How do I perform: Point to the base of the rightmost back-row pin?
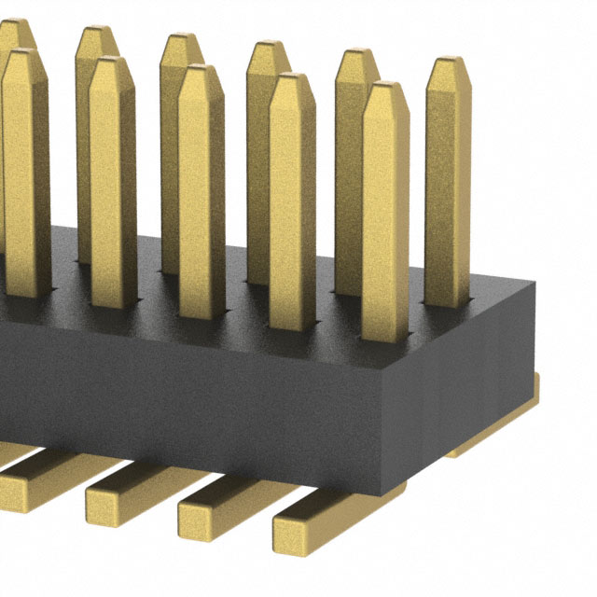447,298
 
